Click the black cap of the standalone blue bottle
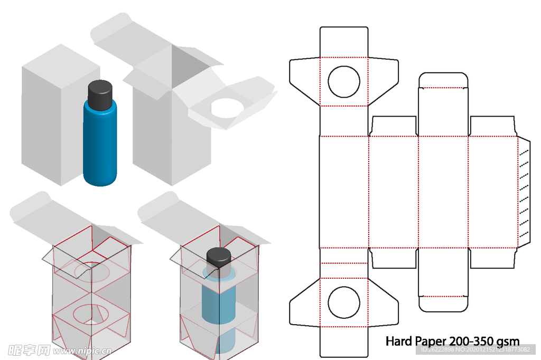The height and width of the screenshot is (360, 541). tap(100, 95)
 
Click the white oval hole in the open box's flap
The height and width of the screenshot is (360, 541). tap(227, 108)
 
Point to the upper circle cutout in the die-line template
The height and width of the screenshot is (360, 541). tap(344, 82)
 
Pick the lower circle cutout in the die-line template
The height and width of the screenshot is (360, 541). tap(344, 303)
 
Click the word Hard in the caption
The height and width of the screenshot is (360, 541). tap(398, 341)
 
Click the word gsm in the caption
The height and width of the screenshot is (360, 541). tap(510, 342)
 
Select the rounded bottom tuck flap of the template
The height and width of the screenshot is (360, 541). tap(443, 303)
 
